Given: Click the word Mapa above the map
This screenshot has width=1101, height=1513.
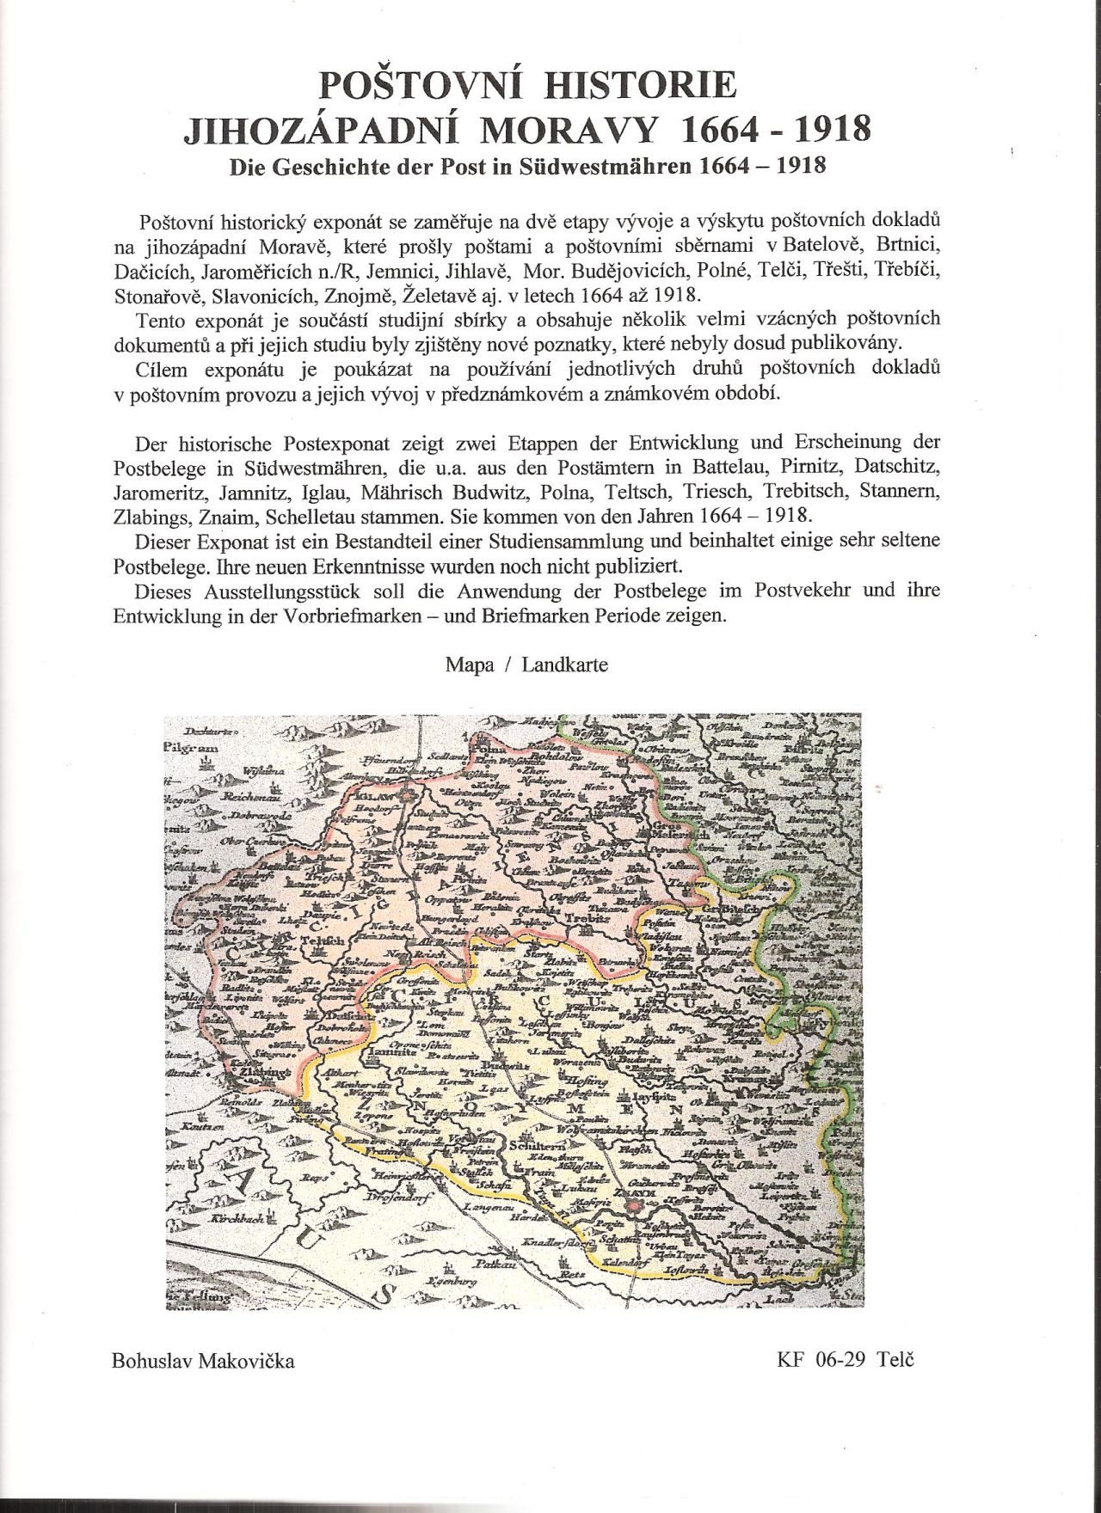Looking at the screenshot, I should coord(470,665).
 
